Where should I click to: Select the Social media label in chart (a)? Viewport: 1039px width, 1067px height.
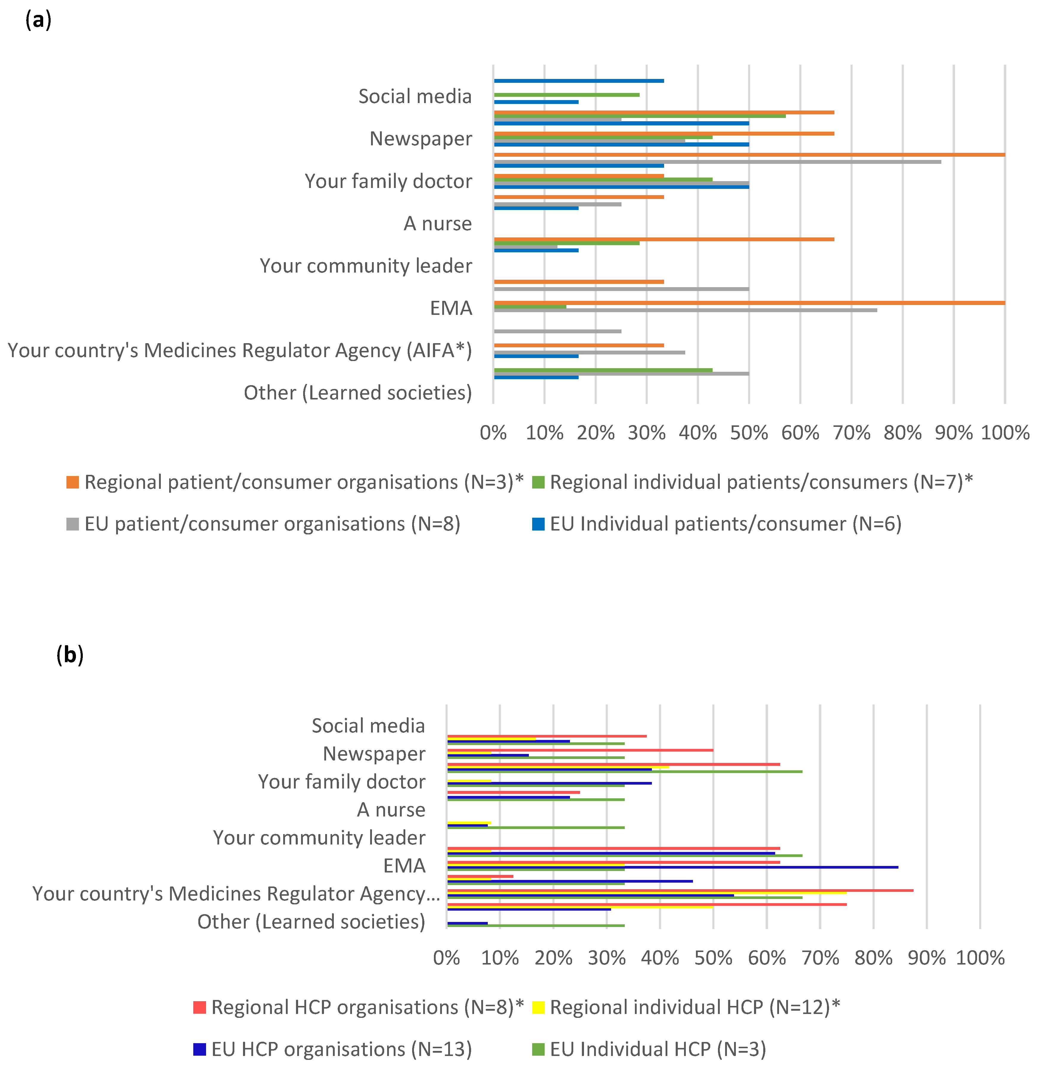pos(415,97)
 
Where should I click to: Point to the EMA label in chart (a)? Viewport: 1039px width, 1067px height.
pos(451,308)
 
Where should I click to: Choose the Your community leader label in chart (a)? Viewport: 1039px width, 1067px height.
pos(366,266)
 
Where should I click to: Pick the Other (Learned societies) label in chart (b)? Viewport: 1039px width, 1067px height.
pos(311,921)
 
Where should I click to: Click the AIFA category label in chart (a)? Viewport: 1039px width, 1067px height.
pos(239,350)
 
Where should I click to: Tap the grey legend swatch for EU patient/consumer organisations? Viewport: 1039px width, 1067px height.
pos(73,524)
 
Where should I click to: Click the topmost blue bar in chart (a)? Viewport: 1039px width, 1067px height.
pos(578,81)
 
